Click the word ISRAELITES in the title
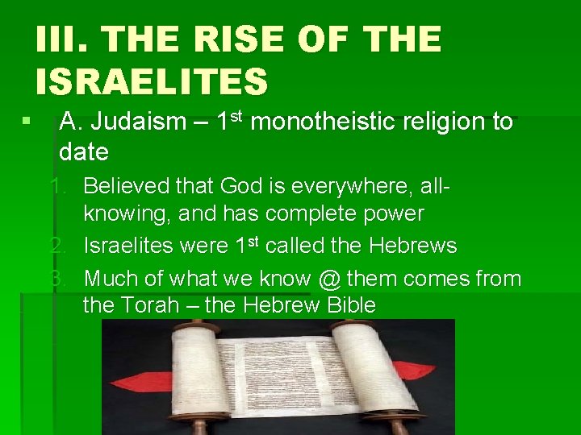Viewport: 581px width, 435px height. (151, 81)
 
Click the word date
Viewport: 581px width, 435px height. (83, 151)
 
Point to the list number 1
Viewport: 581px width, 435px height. (58, 187)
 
